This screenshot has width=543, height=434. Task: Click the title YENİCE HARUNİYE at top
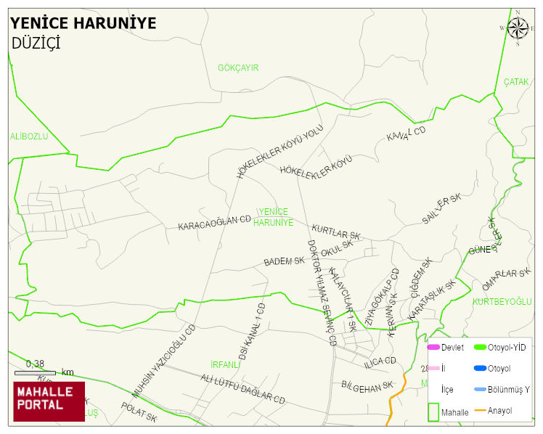pos(83,23)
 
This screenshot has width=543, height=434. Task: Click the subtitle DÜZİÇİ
pos(36,43)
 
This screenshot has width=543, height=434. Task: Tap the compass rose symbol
pos(518,28)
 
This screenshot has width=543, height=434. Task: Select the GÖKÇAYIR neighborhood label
pos(238,68)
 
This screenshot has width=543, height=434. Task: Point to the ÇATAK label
pos(516,82)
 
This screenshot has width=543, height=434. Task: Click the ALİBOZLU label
pos(29,136)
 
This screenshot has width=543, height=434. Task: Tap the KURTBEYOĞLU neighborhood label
pos(502,301)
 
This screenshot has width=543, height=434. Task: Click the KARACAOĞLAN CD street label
pos(214,222)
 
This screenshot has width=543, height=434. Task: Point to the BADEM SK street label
pos(284,261)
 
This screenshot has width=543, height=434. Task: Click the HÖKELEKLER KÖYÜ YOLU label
pos(279,151)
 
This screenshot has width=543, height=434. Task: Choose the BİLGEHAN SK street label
pos(367,385)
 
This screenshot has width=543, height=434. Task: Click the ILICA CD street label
pos(380,361)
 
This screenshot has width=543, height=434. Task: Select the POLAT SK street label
pos(139,414)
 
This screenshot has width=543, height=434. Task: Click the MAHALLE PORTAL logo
pos(49,401)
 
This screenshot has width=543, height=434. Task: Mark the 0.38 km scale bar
pos(35,372)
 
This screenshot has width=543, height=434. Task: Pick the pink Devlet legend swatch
pos(433,347)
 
